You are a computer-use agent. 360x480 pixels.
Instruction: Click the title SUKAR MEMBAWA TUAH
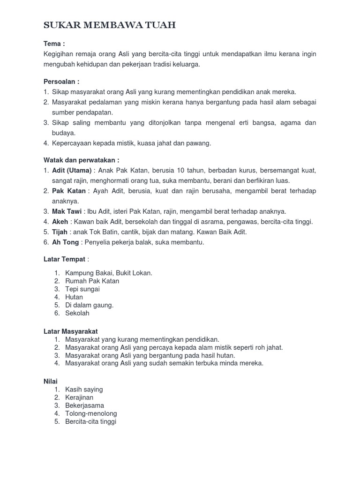coord(110,25)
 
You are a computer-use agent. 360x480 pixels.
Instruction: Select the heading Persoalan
coord(61,81)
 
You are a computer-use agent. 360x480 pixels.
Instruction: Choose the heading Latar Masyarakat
coord(70,331)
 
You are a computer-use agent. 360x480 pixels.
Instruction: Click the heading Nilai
coord(50,382)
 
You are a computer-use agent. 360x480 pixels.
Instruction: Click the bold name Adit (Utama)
coord(72,170)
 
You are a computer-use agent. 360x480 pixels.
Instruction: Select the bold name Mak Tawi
coord(67,211)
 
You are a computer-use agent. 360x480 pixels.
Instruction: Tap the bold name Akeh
coord(60,222)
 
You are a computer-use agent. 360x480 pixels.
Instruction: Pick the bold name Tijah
coord(60,232)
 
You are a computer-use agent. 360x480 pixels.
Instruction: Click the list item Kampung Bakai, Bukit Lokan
coord(109,273)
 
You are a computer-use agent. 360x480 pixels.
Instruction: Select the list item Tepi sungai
coord(82,289)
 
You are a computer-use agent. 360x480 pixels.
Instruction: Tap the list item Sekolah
coord(77,313)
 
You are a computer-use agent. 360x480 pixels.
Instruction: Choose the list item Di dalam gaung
coord(90,305)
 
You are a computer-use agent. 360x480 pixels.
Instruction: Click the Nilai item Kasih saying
coord(84,390)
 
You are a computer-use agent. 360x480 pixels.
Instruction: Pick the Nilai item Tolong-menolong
coord(91,413)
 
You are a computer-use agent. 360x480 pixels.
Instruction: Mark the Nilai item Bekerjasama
coord(85,405)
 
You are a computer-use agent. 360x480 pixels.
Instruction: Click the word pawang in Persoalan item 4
coord(200,143)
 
